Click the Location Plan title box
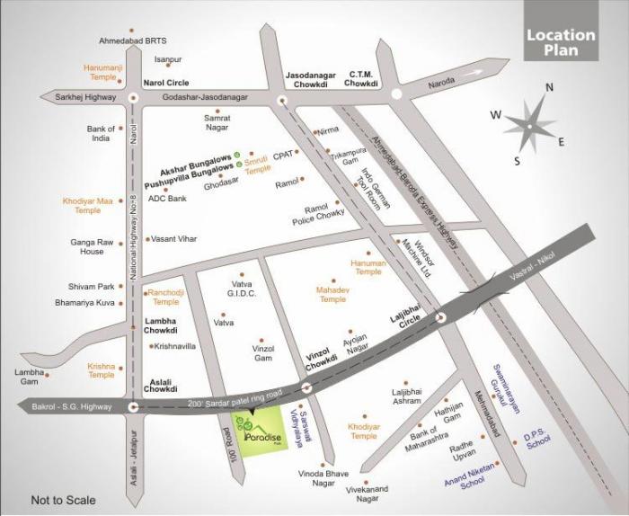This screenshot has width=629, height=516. click(561, 43)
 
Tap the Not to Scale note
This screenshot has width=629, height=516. click(63, 500)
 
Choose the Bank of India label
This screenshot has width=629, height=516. click(101, 134)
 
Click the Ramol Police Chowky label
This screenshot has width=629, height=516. click(318, 215)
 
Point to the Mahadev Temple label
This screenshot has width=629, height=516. click(332, 294)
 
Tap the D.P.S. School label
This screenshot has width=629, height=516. click(537, 441)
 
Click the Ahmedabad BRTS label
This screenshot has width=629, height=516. click(133, 41)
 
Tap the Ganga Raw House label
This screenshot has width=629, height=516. click(91, 246)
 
